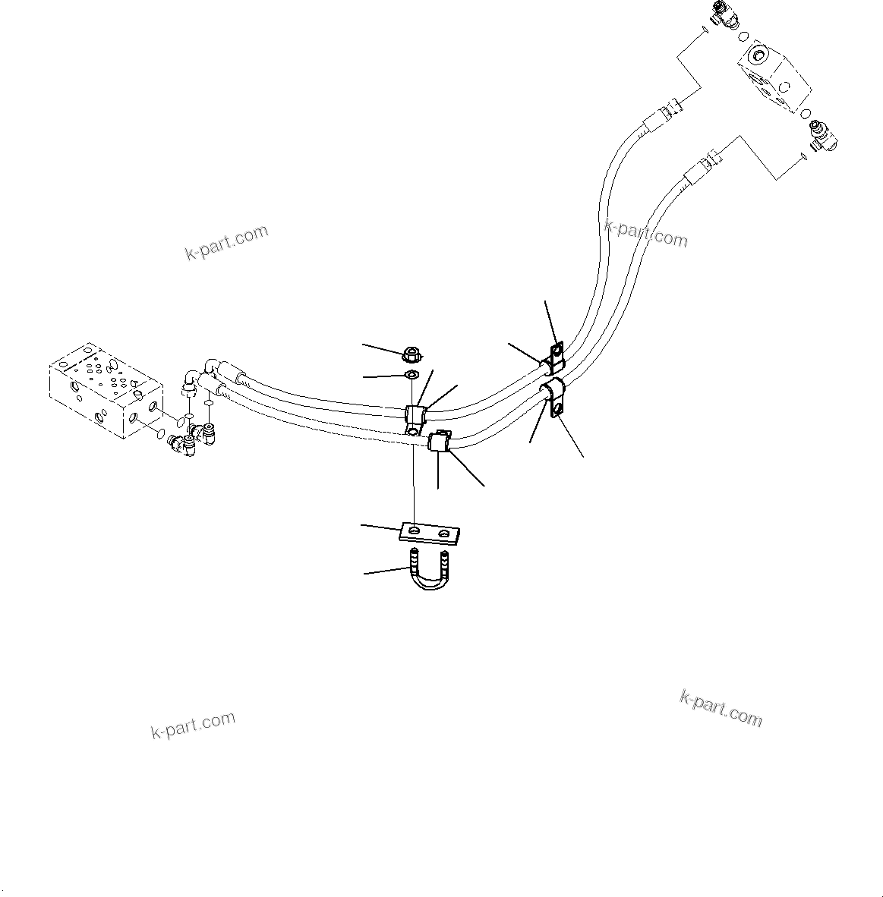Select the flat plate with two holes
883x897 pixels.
point(430,533)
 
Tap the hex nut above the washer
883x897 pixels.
point(410,353)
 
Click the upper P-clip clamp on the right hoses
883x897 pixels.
point(553,355)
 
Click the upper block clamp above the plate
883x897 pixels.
point(415,415)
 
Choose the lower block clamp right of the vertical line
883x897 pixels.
point(440,441)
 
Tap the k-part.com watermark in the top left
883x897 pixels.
point(226,242)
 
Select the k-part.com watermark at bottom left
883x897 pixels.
point(193,725)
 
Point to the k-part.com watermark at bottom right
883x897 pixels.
point(721,708)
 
